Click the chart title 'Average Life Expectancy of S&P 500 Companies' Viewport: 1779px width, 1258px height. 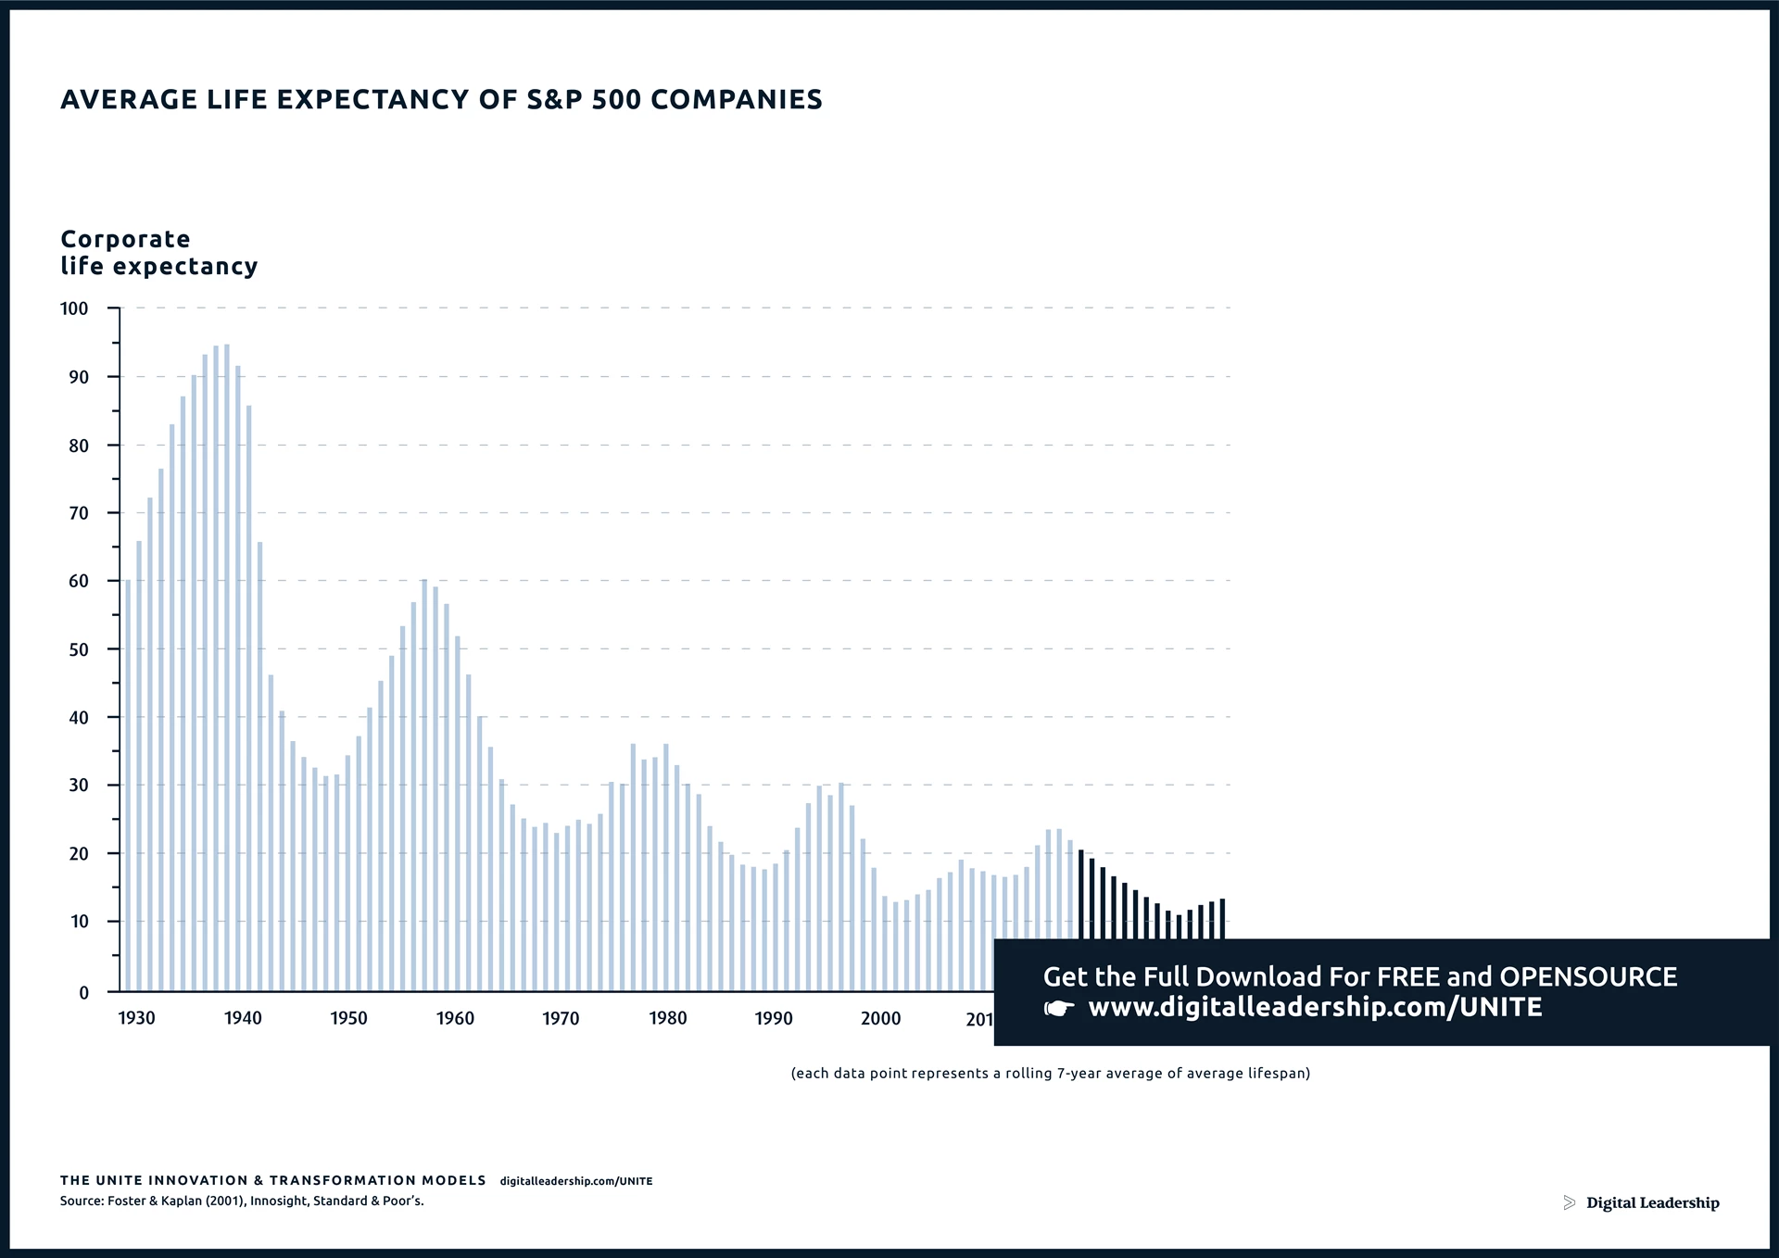(441, 99)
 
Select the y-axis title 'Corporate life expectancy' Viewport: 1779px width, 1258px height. (158, 253)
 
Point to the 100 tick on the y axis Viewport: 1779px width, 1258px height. (74, 308)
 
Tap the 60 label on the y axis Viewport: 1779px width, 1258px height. (78, 582)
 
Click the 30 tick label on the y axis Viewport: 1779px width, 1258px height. (78, 786)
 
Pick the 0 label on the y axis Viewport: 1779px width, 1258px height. (84, 992)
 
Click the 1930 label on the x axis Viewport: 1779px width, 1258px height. (137, 1018)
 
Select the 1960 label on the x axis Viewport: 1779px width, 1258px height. (455, 1018)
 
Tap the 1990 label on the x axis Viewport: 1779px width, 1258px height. (774, 1018)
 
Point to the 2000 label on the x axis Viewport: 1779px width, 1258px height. (880, 1018)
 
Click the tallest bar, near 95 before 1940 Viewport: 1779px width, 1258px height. (227, 667)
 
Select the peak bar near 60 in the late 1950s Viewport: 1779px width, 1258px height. (424, 787)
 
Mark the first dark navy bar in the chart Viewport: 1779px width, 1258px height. (1081, 894)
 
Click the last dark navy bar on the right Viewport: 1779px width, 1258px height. (1222, 918)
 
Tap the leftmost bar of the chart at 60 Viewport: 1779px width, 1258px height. (128, 787)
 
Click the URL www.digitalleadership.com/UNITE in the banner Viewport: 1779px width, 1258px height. (1315, 1008)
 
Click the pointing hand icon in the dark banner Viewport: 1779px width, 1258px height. (1059, 1008)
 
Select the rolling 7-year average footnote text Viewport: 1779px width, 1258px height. (1050, 1074)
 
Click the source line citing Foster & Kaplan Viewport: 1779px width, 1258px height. (242, 1201)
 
